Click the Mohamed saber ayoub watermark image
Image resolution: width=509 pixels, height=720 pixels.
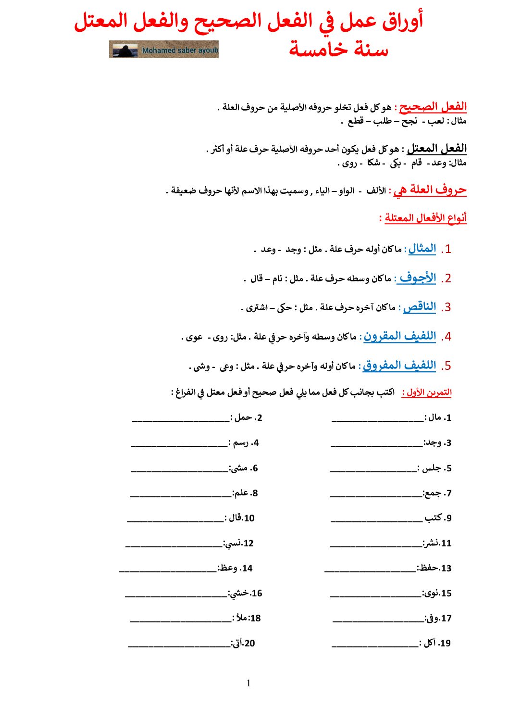click(164, 50)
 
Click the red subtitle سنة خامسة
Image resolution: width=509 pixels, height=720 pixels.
click(338, 49)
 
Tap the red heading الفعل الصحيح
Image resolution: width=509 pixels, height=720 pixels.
click(433, 107)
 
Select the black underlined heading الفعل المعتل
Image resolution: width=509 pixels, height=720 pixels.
click(436, 149)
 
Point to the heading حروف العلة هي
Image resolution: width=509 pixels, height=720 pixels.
click(430, 190)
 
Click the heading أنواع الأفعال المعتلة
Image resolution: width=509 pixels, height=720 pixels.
click(425, 218)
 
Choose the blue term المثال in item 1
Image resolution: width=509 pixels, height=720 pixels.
click(422, 249)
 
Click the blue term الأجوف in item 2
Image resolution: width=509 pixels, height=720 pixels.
click(417, 278)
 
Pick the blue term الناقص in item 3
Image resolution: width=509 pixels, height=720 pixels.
click(419, 307)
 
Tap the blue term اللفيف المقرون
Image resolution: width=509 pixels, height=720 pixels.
click(399, 336)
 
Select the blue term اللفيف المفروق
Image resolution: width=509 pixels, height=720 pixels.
click(399, 366)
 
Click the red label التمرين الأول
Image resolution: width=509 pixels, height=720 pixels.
click(427, 392)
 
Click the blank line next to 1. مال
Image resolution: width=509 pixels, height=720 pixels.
click(377, 420)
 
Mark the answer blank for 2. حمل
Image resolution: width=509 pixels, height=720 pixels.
click(180, 420)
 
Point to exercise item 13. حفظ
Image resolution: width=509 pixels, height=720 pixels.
click(435, 568)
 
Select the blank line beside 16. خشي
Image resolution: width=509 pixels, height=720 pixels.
click(175, 596)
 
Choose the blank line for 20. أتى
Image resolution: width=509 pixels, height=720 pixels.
click(179, 646)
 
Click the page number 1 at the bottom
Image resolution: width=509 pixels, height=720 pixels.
click(248, 683)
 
